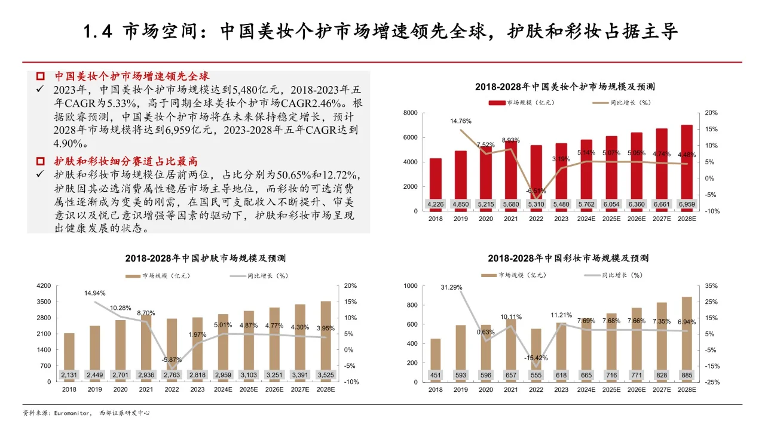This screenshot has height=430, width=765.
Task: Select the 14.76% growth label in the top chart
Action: coord(461,121)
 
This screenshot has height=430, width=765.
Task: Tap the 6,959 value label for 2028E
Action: coord(687,204)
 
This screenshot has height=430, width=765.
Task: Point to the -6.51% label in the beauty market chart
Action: coord(536,191)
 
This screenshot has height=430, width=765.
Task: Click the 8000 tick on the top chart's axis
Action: coord(409,113)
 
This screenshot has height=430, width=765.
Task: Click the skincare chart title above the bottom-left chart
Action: coord(205,259)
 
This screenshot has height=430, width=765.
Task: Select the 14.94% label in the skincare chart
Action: coord(95,293)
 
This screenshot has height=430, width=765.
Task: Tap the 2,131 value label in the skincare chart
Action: coord(70,374)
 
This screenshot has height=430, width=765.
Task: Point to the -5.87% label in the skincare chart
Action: coord(171,360)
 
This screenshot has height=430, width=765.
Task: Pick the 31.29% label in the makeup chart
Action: coord(451,287)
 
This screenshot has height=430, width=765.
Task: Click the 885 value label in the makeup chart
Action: coord(687,374)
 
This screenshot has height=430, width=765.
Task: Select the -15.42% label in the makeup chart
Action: coord(536,358)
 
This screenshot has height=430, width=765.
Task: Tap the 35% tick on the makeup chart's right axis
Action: coord(712,286)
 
